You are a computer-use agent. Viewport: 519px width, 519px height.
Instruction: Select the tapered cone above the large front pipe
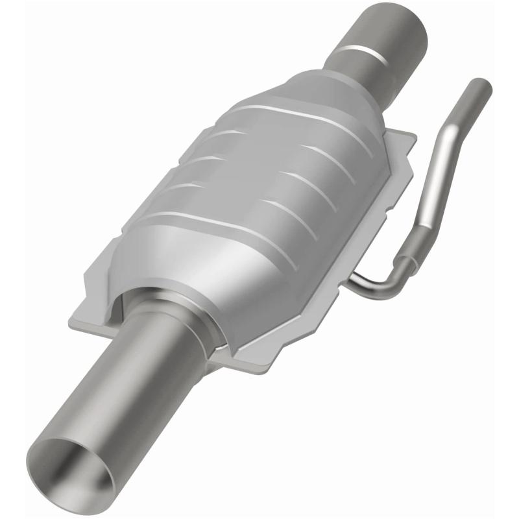tap(195, 285)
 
